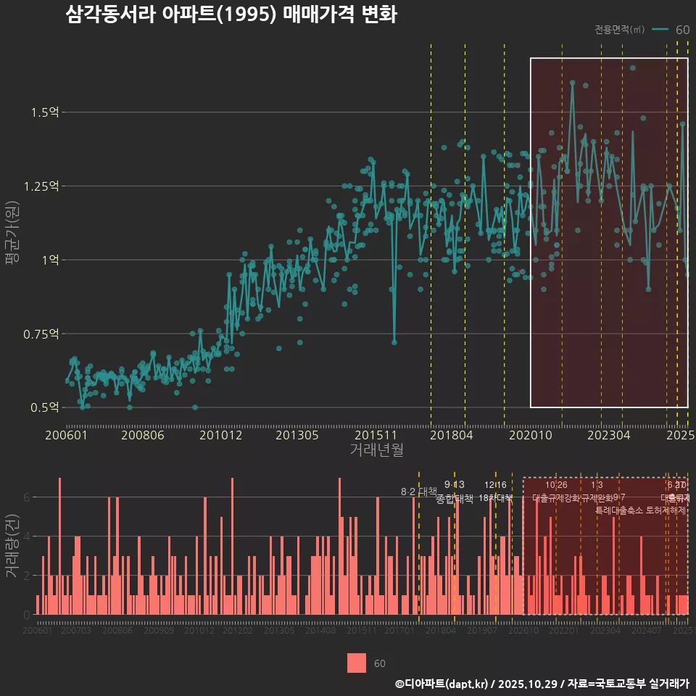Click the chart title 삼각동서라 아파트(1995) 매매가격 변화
coord(231,15)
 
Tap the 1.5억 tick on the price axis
coord(44,112)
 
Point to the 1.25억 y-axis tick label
coord(41,186)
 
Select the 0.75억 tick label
coord(41,333)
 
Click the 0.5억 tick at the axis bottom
coord(44,407)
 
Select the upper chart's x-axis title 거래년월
coord(376,450)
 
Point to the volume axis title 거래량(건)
coord(12,545)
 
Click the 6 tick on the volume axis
coord(27,497)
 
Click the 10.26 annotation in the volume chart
coord(555,484)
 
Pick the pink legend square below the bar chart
coord(357,663)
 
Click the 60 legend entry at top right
coord(682,30)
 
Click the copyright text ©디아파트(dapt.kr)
coord(443,684)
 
